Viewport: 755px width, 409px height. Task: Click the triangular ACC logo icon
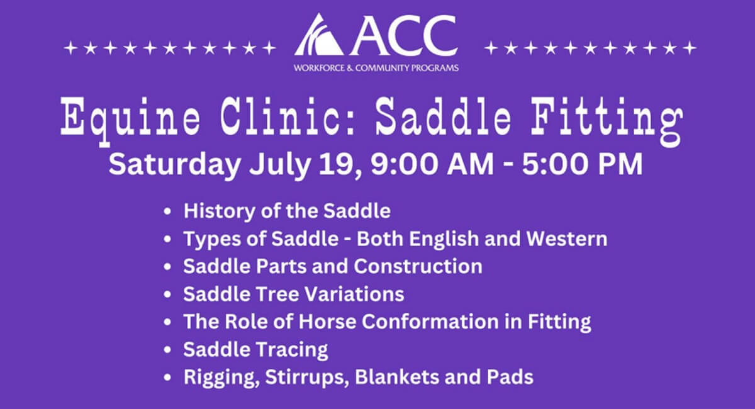[x=318, y=35]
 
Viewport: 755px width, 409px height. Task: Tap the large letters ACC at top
[x=403, y=35]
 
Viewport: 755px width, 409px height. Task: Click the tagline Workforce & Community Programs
[x=376, y=68]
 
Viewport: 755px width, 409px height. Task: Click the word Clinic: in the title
[x=286, y=116]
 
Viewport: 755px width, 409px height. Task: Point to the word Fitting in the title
[x=607, y=120]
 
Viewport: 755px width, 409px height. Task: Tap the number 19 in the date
[x=338, y=165]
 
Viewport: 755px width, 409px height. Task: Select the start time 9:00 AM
[x=432, y=165]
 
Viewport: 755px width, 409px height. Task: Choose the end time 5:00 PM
[x=582, y=165]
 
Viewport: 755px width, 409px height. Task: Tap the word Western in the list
[x=567, y=238]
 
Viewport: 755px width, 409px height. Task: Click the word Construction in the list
[x=418, y=266]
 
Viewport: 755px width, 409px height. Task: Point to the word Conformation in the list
[x=430, y=322]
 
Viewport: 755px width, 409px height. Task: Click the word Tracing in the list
[x=292, y=350]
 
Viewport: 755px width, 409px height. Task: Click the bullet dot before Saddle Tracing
[x=167, y=350]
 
